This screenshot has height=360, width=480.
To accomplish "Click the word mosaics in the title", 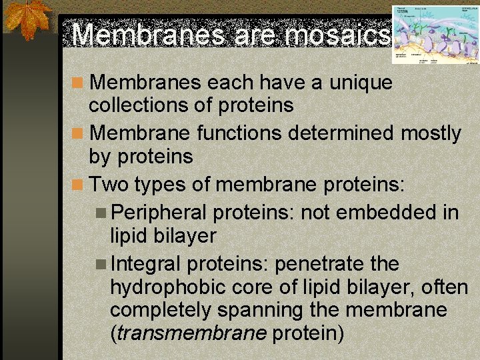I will tap(337, 35).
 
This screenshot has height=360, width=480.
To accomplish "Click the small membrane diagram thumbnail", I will tap(435, 35).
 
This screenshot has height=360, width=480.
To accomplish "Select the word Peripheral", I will tap(159, 213).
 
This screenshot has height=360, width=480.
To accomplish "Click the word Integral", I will tap(146, 264).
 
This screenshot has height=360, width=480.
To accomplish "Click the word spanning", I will tap(268, 310).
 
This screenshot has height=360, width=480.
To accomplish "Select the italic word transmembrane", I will tap(191, 333).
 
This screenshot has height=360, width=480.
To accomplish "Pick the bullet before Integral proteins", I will tap(101, 265).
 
